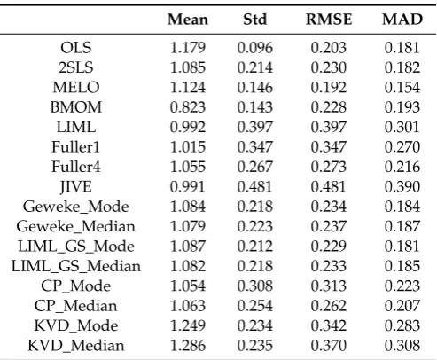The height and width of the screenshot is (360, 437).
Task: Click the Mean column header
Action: (x=188, y=20)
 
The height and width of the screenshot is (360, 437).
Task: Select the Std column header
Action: (x=254, y=20)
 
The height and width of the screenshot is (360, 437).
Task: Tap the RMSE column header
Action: (x=329, y=20)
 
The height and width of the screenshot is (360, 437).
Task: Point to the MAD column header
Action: (x=402, y=20)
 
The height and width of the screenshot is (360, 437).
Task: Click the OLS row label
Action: (x=76, y=48)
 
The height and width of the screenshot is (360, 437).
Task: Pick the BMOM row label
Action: (x=76, y=107)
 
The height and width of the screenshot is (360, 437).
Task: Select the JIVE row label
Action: (x=76, y=186)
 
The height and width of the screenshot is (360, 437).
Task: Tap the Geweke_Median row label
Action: (x=76, y=226)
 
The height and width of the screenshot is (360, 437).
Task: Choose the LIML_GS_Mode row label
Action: (x=76, y=247)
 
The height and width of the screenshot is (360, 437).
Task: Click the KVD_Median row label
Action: (x=76, y=346)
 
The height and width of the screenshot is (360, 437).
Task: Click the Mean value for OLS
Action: (x=188, y=48)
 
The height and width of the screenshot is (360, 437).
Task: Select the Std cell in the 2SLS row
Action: (x=254, y=67)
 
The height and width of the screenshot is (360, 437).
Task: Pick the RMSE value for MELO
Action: (x=329, y=87)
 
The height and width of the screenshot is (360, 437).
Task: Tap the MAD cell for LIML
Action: (x=402, y=127)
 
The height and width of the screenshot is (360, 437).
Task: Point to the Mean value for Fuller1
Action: (x=188, y=147)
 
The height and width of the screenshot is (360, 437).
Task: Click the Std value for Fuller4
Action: (x=254, y=167)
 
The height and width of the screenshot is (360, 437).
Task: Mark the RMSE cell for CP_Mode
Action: (x=329, y=286)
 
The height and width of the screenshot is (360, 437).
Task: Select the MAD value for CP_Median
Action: (x=402, y=306)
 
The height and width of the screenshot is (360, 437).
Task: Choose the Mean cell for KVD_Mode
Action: (x=188, y=325)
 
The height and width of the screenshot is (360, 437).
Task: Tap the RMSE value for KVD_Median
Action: (x=329, y=346)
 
